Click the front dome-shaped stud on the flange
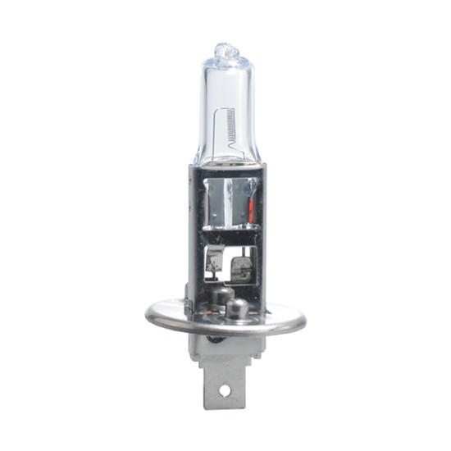(x=237, y=307)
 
